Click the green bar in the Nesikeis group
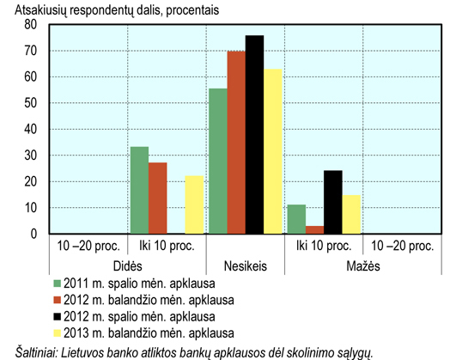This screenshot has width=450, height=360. point(218,161)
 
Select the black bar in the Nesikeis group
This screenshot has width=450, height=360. point(254,134)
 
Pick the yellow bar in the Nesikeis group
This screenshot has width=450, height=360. point(273,151)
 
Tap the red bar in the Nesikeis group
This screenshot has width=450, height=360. point(236,143)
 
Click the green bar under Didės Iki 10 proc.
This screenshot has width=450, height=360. point(139,190)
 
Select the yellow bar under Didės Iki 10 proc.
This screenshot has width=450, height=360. point(194,204)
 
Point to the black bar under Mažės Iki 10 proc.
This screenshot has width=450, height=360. point(333,202)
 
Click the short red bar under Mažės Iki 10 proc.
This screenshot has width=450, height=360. point(315,229)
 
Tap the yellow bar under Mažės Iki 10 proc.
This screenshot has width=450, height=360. point(351,215)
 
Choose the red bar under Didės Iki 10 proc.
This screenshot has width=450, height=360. point(158,198)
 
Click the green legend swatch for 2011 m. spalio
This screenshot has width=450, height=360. point(58,284)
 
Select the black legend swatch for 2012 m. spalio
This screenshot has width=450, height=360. point(58,317)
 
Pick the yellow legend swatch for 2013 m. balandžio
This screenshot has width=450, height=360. point(58,333)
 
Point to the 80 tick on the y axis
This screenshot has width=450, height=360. point(31,25)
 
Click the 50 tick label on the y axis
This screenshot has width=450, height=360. point(31,103)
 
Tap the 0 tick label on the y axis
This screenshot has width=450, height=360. point(33,234)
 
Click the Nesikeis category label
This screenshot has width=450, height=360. point(246,266)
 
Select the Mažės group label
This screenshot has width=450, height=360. point(363,266)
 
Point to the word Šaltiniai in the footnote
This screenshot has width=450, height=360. point(37,353)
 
